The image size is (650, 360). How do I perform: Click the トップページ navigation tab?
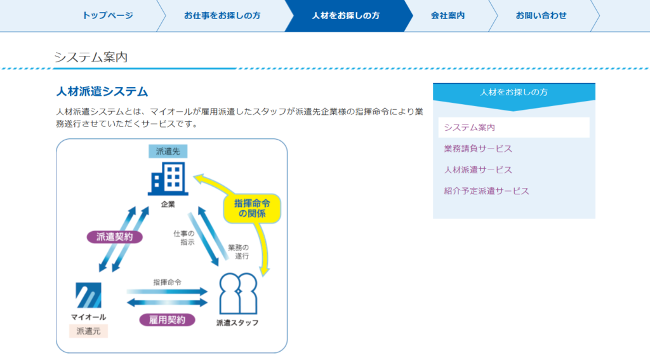[107, 16]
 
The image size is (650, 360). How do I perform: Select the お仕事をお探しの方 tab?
[222, 16]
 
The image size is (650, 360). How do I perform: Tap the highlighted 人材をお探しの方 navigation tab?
[346, 16]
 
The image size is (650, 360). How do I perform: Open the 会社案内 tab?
[448, 16]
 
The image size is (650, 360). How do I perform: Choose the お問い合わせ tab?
[541, 16]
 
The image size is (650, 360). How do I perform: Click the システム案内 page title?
[91, 57]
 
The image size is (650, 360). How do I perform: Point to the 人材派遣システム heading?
[102, 91]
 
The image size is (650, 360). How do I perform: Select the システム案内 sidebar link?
[470, 128]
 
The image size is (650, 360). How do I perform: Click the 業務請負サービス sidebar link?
[478, 149]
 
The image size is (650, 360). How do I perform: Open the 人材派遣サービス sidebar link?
[478, 170]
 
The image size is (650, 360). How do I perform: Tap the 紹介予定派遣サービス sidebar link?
[487, 190]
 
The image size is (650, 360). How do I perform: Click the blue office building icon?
[168, 179]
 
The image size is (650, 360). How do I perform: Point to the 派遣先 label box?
[168, 151]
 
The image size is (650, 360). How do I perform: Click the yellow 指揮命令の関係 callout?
[252, 208]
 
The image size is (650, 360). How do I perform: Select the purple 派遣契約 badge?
[115, 237]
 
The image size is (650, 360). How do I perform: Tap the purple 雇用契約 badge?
[167, 320]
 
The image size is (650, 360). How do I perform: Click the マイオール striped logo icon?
[88, 295]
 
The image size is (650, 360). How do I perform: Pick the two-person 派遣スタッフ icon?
[238, 293]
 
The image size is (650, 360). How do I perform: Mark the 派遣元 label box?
[88, 331]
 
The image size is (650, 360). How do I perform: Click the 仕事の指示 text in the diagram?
[184, 237]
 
